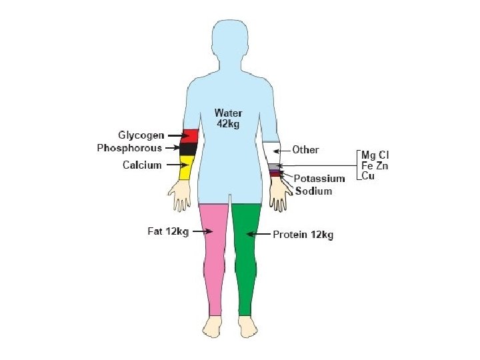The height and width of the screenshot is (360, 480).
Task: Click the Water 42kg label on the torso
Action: (228, 118)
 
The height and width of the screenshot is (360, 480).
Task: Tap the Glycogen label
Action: (141, 135)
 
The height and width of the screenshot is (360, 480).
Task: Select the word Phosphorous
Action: (129, 148)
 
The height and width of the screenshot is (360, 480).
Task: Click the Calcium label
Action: (142, 165)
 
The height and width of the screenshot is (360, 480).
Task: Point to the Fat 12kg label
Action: (167, 232)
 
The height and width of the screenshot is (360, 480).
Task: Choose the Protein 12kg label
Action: (303, 235)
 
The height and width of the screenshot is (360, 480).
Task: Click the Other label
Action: (305, 150)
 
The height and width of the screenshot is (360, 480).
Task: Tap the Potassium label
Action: (319, 179)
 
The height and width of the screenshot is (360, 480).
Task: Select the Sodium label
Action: (313, 191)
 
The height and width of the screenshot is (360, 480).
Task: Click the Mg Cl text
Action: (375, 155)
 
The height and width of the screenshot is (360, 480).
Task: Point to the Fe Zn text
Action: (375, 165)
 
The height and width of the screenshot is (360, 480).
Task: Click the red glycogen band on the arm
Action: (190, 136)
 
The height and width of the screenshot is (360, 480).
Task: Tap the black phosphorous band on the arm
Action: (189, 149)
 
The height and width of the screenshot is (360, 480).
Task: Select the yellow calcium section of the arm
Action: (187, 167)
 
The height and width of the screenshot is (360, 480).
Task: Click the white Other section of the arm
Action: (272, 152)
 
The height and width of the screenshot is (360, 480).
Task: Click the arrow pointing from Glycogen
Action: (177, 135)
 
